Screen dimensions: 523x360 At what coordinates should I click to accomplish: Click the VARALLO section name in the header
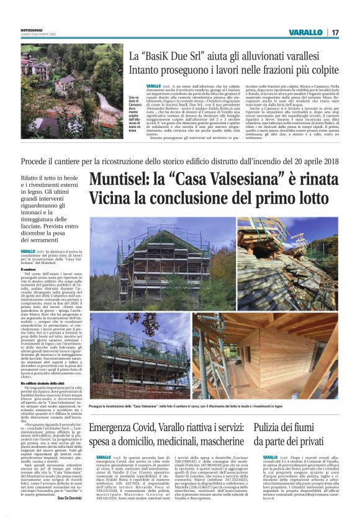tap(305, 32)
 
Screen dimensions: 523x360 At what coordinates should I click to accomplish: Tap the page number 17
tap(335, 32)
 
